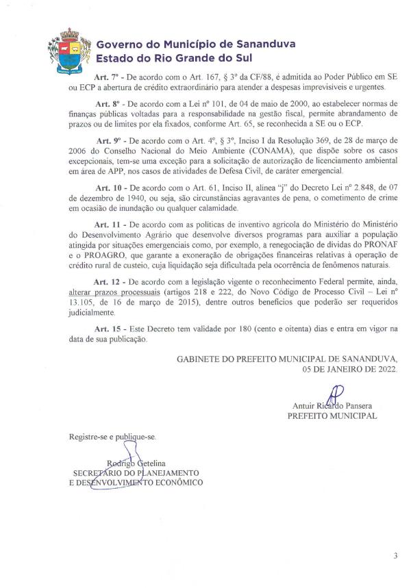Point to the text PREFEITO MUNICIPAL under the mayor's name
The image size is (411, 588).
[332, 415]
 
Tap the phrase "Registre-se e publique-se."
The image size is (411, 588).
[112, 436]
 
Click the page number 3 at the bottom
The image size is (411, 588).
[396, 556]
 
